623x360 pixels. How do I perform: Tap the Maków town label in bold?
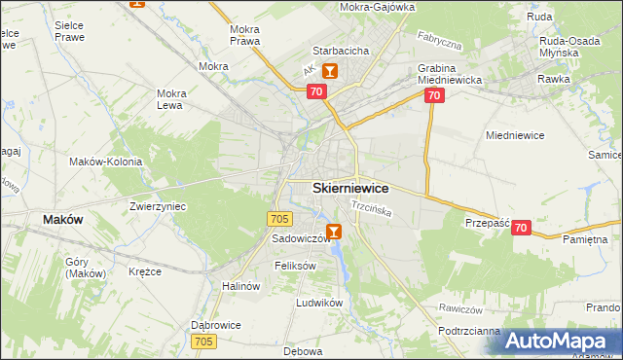[63, 220]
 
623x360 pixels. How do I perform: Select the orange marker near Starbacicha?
[330, 71]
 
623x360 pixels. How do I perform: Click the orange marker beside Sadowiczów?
[334, 232]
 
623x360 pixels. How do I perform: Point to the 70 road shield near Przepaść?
[521, 228]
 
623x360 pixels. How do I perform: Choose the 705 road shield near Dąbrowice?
[203, 341]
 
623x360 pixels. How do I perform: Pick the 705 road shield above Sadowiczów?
[278, 219]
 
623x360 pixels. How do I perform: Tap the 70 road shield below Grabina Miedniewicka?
[434, 95]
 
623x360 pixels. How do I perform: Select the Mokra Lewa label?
[172, 99]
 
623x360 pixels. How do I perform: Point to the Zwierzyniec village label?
[158, 206]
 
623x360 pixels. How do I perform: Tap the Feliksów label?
[296, 266]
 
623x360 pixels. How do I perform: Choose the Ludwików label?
[320, 303]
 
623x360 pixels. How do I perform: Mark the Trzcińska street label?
[371, 207]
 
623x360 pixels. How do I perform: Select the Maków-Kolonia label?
[106, 162]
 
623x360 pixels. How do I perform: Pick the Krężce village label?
[145, 271]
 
